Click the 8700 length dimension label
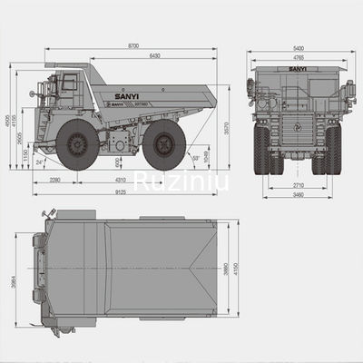point(133,46)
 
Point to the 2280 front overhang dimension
point(54,181)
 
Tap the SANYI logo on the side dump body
point(131,92)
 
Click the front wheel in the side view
point(76,144)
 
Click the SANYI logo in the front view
point(297,69)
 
